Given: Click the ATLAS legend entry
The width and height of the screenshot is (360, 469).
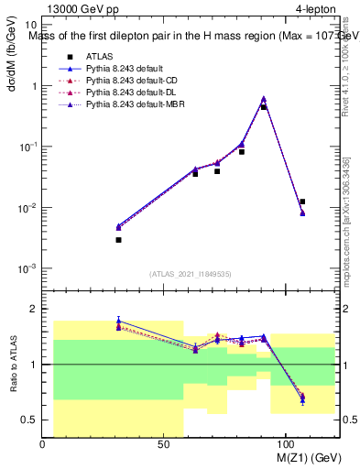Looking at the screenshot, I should pyautogui.click(x=98, y=57).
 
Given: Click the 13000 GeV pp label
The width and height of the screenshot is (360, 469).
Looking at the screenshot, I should pyautogui.click(x=74, y=9).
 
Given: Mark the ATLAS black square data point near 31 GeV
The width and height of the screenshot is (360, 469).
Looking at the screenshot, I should pyautogui.click(x=118, y=239).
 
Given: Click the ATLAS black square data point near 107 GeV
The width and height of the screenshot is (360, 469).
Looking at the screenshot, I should pyautogui.click(x=302, y=202).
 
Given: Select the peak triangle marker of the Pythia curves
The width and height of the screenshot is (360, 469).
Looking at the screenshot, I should pyautogui.click(x=264, y=98).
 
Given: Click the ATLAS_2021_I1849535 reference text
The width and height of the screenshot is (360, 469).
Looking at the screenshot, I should pyautogui.click(x=191, y=274).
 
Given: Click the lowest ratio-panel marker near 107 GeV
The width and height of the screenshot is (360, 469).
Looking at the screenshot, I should pyautogui.click(x=302, y=400).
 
